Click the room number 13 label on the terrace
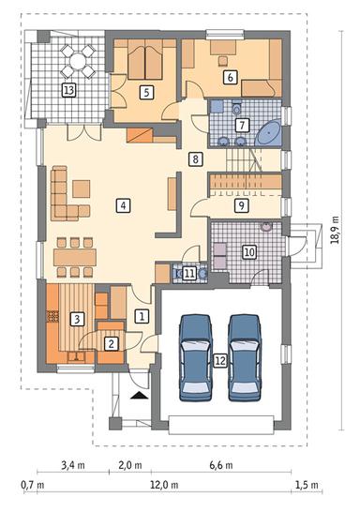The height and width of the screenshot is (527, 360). click(x=68, y=90)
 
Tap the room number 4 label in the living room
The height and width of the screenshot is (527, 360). click(x=122, y=204)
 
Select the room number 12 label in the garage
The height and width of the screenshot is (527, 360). click(x=219, y=360)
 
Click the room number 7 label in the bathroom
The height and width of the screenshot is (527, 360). click(x=241, y=125)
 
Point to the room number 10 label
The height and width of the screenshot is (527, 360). click(x=249, y=251)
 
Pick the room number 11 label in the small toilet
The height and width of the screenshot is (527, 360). click(x=190, y=273)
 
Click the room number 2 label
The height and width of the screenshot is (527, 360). click(x=112, y=344)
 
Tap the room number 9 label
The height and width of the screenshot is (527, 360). click(x=241, y=204)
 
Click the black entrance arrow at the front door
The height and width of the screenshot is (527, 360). click(x=140, y=398)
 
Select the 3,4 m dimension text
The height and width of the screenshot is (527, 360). click(x=73, y=463)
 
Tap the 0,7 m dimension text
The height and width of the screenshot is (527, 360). click(x=35, y=486)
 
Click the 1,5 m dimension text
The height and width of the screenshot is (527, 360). click(x=307, y=486)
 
